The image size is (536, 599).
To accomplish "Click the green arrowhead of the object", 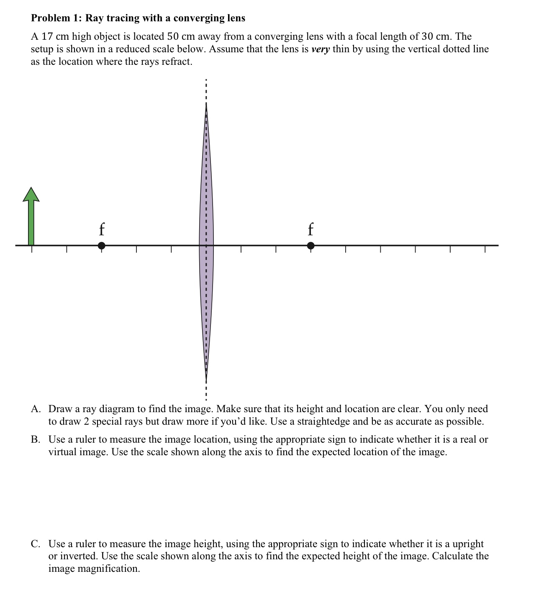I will (31, 195).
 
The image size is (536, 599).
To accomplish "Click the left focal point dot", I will (101, 246).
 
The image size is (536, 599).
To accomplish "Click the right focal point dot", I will (310, 246).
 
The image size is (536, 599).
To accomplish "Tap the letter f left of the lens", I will (101, 229).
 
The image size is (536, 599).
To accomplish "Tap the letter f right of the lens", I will (310, 229).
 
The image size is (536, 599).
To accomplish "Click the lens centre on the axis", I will (206, 245).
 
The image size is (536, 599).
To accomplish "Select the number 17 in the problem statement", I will (46, 36).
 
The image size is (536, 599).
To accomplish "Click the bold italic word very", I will (321, 49).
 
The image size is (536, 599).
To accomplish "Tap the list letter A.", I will (36, 409).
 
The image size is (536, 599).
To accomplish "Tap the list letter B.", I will (36, 439).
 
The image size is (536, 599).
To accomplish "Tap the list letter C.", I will (36, 544).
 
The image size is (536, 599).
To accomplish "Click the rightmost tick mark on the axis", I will (485, 249).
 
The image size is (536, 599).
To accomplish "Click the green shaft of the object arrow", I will (31, 224).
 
